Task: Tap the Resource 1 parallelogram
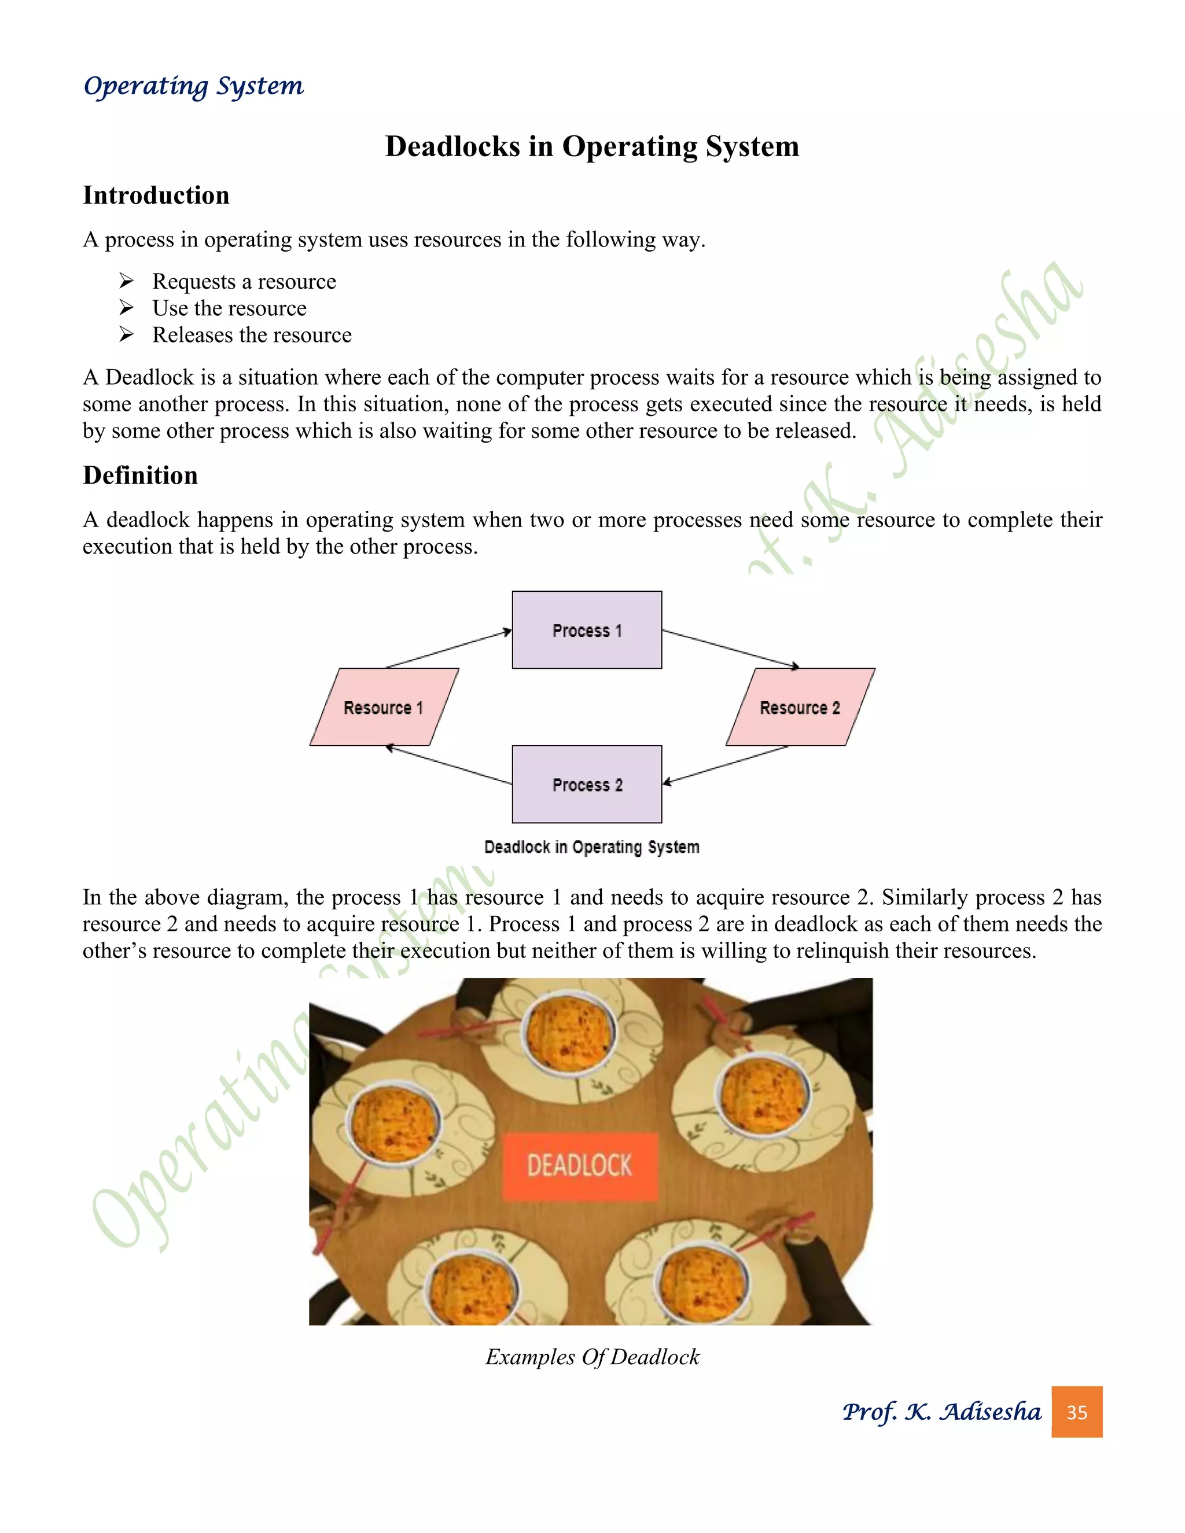[x=384, y=707]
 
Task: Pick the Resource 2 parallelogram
[x=800, y=707]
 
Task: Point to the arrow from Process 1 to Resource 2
[x=730, y=648]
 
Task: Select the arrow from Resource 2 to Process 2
[x=727, y=764]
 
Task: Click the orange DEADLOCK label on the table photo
[x=580, y=1166]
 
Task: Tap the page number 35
[x=1076, y=1412]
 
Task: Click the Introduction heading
[x=156, y=195]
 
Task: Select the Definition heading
[x=141, y=475]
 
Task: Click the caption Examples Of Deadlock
[x=592, y=1357]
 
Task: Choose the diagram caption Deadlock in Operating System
[x=592, y=847]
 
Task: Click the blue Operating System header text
[x=194, y=86]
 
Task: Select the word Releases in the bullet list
[x=188, y=335]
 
